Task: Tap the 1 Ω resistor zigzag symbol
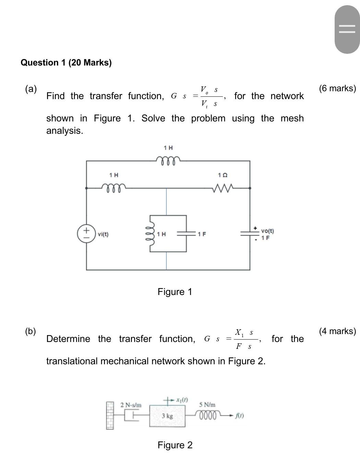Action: point(223,188)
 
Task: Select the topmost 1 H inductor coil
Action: point(168,161)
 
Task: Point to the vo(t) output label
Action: point(267,231)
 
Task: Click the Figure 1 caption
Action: point(175,292)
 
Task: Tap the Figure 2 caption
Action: point(175,445)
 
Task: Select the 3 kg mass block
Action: point(167,416)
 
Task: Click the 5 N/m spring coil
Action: point(208,415)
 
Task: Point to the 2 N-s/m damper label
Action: point(131,405)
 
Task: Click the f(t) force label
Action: point(239,416)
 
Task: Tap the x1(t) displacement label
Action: point(182,400)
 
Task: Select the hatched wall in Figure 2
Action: point(110,416)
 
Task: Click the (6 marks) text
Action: point(337,88)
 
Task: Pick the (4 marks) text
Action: point(337,331)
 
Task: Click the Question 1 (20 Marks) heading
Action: point(66,63)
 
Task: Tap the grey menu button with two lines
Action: point(347,29)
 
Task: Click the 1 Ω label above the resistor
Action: point(223,175)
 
